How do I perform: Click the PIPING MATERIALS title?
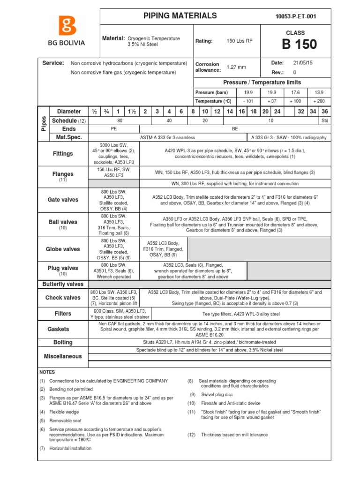(180, 16)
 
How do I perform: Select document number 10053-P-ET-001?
(296, 16)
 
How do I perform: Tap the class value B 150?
(299, 45)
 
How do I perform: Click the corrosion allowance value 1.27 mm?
(236, 67)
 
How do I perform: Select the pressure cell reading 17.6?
(295, 92)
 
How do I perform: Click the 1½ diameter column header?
(131, 112)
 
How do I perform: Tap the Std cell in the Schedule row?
(325, 120)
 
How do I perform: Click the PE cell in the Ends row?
(114, 129)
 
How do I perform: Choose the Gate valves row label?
(63, 200)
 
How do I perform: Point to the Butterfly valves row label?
(63, 284)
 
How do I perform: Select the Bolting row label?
(63, 342)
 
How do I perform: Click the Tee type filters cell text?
(240, 314)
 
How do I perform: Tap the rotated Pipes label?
(44, 124)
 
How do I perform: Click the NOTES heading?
(47, 372)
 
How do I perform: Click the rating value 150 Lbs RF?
(239, 41)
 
